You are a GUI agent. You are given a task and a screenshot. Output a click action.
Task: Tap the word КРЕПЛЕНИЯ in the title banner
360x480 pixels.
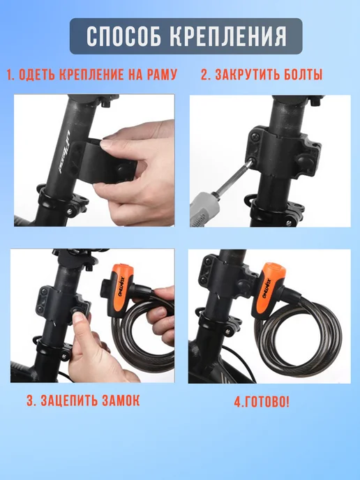pos(228,36)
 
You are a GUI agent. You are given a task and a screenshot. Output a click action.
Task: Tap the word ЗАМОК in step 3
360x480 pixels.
pos(121,400)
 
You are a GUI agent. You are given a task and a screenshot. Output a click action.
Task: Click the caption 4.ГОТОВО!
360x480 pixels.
pos(262,402)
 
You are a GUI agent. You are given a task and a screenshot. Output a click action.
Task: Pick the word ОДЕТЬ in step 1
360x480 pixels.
pos(37,75)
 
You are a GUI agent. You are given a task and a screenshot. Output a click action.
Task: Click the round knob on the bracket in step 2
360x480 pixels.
pos(301,160)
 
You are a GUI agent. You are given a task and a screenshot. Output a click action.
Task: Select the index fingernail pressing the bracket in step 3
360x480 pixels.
pos(78,317)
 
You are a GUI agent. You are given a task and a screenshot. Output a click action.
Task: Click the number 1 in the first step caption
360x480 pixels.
pos(10,75)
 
